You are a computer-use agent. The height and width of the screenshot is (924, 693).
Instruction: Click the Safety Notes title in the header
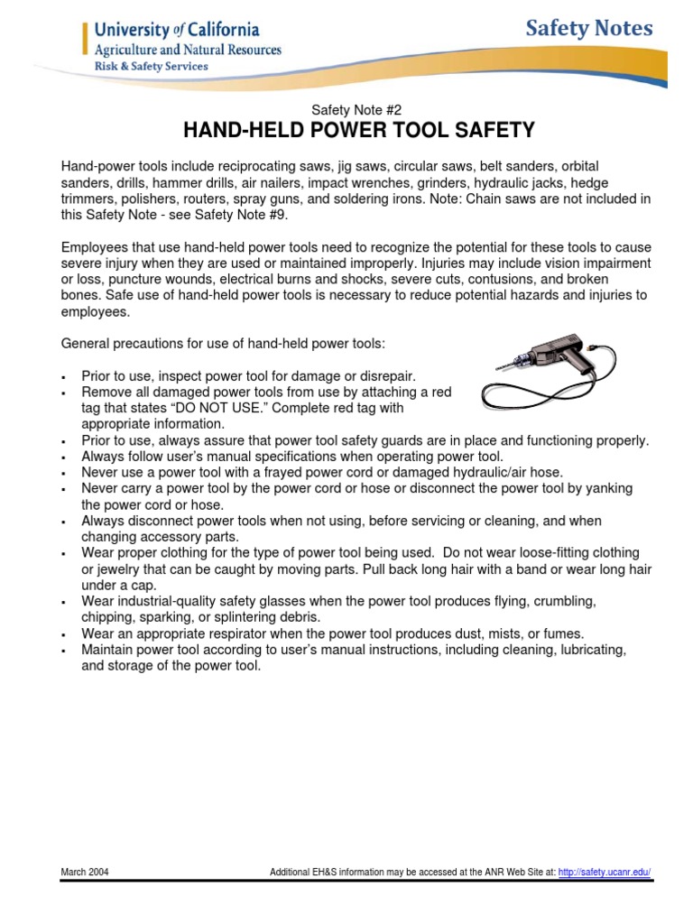[589, 29]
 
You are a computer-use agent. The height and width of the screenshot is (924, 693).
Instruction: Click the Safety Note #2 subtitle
[346, 109]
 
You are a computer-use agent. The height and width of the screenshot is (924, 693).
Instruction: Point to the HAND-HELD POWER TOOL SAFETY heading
[359, 131]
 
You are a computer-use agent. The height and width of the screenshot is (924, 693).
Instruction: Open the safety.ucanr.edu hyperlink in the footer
[605, 873]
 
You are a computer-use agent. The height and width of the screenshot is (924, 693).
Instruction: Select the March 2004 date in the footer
[85, 873]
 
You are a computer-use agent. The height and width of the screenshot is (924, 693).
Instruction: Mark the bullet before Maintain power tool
[64, 650]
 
